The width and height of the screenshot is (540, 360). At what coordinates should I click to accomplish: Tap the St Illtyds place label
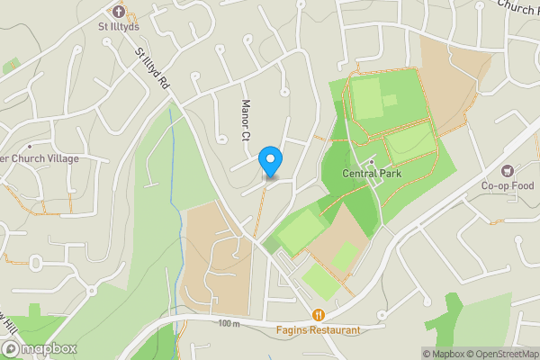tap(120, 27)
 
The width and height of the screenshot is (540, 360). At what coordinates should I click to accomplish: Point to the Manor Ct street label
tap(244, 121)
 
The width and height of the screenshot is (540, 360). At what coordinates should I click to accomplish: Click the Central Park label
tap(371, 175)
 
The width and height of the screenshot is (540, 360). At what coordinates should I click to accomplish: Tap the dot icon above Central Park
tap(371, 162)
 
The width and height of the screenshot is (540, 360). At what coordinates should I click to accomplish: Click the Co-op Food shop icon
tap(507, 171)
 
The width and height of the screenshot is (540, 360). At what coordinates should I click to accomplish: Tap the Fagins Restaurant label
tap(319, 330)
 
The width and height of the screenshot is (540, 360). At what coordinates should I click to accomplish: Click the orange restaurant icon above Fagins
tap(319, 315)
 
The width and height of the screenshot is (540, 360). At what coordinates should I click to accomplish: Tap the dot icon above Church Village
tap(30, 146)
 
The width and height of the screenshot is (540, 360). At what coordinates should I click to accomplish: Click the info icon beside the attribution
tap(428, 354)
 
